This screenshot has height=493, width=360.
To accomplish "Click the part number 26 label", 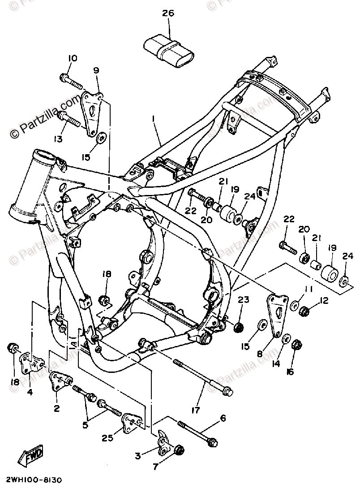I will (x=168, y=13).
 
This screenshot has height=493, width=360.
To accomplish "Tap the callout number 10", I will (x=73, y=58).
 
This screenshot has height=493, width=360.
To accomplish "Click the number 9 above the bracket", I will (x=96, y=70).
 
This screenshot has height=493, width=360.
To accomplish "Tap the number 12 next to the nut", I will (x=324, y=300).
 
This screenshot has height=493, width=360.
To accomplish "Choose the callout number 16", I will (x=291, y=372).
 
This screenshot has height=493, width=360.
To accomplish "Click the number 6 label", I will (x=223, y=418).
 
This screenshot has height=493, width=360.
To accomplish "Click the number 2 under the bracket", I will (x=57, y=408).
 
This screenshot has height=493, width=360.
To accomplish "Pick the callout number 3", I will (x=138, y=456).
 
